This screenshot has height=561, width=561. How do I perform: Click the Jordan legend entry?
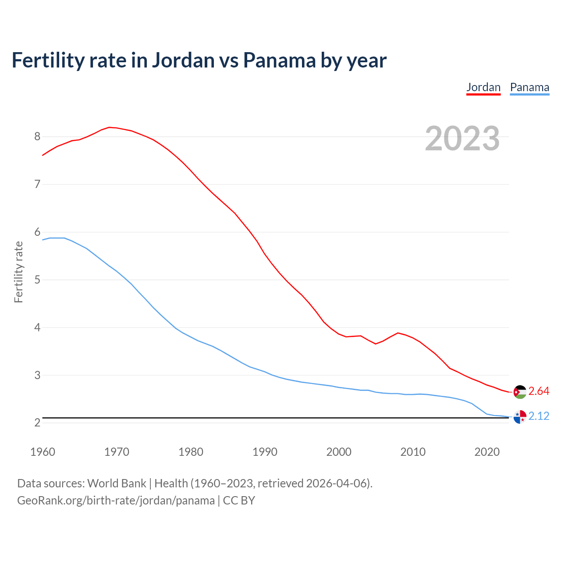coord(483,87)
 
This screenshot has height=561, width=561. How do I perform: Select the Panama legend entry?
coord(529,87)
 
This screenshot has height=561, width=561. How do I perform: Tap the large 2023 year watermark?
coord(462,138)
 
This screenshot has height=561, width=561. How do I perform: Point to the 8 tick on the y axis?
coord(37,137)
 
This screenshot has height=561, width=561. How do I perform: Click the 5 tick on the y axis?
coord(37,280)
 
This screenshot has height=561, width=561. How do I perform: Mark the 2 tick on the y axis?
coord(37,423)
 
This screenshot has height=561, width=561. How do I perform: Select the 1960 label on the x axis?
coord(43,452)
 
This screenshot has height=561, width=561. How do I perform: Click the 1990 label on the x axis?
coord(265,452)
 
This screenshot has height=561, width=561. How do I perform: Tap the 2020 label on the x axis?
coord(487,452)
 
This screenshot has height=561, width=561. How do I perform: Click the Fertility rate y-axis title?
coord(18,272)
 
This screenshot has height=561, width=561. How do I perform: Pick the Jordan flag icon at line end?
coord(520,392)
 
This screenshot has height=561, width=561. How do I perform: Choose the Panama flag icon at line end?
coord(520,417)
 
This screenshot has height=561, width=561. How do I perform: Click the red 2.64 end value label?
coord(539,391)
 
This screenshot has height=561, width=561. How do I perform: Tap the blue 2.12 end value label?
coord(539,416)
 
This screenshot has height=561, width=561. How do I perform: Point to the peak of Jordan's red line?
coord(109,127)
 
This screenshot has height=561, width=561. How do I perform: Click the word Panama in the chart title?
coord(279,60)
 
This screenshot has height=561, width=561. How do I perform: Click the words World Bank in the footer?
coord(117,483)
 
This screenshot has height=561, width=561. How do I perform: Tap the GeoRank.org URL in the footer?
coord(116,501)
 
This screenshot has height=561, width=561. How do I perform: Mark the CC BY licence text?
coord(239,501)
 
